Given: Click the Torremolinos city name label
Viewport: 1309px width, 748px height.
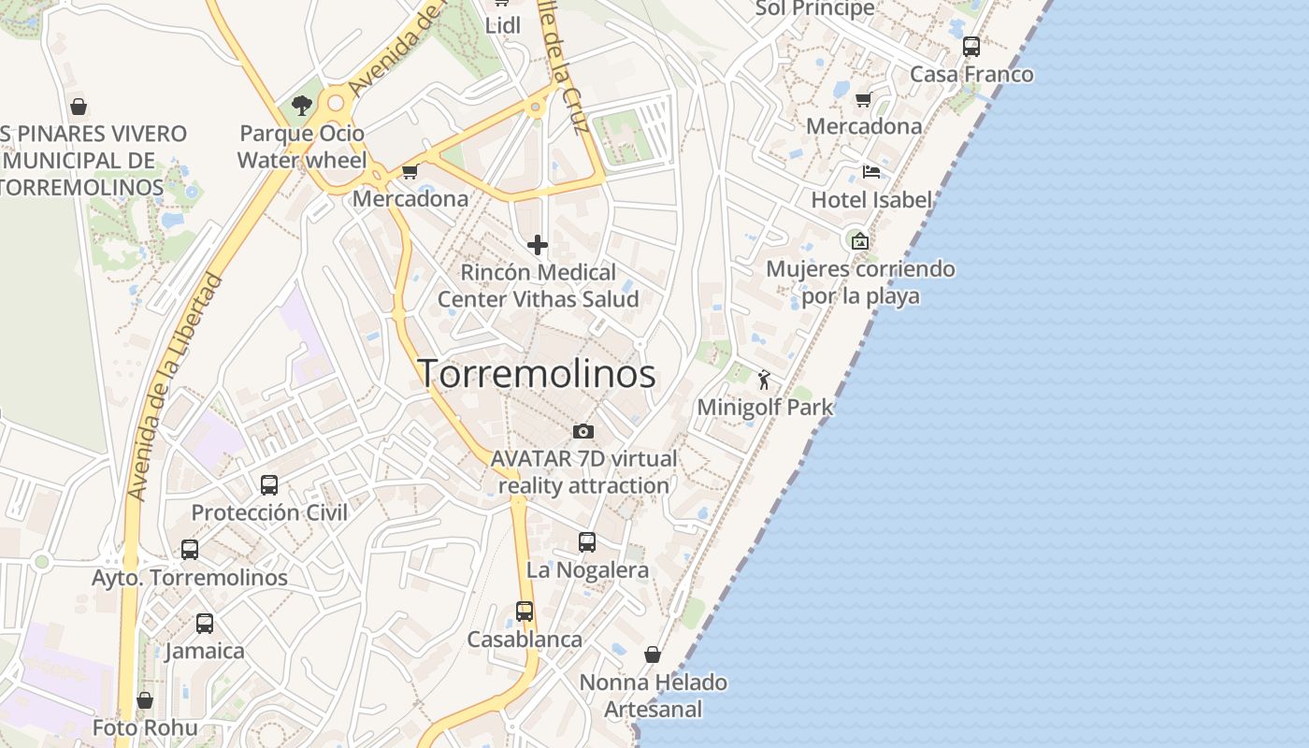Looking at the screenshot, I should pyautogui.click(x=536, y=374).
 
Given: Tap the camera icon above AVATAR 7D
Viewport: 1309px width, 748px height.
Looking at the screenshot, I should pyautogui.click(x=583, y=431).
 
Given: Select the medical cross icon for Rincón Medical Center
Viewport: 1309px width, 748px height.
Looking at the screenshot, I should pyautogui.click(x=538, y=245).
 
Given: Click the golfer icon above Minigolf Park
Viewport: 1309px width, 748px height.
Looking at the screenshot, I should pyautogui.click(x=764, y=380).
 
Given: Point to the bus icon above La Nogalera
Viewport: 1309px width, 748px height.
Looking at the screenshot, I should pyautogui.click(x=587, y=542).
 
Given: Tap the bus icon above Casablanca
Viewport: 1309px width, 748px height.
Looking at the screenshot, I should pyautogui.click(x=525, y=611).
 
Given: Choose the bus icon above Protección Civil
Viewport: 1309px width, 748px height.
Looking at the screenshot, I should pyautogui.click(x=269, y=485).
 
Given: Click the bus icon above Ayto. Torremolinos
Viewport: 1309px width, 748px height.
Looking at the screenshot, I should pyautogui.click(x=190, y=550).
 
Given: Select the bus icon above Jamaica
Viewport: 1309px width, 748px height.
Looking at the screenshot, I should pyautogui.click(x=205, y=624).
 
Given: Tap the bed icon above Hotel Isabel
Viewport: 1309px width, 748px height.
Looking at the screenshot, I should pyautogui.click(x=871, y=171).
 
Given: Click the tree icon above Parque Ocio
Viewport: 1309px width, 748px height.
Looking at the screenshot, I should pyautogui.click(x=301, y=106).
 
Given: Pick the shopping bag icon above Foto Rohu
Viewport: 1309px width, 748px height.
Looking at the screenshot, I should pyautogui.click(x=145, y=700).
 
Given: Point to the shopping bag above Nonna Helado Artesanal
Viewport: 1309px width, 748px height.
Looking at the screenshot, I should pyautogui.click(x=653, y=654).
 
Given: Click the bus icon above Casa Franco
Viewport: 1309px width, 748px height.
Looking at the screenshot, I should pyautogui.click(x=971, y=47).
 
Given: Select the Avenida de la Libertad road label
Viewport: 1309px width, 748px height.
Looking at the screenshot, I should pyautogui.click(x=176, y=387).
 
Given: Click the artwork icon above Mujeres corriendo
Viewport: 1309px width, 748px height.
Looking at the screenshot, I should pyautogui.click(x=860, y=241).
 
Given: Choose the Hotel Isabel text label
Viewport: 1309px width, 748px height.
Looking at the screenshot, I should pyautogui.click(x=871, y=199).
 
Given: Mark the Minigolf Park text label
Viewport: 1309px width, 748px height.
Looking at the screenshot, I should pyautogui.click(x=765, y=408).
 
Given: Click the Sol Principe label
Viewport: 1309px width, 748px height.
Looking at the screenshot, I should pyautogui.click(x=814, y=8).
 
